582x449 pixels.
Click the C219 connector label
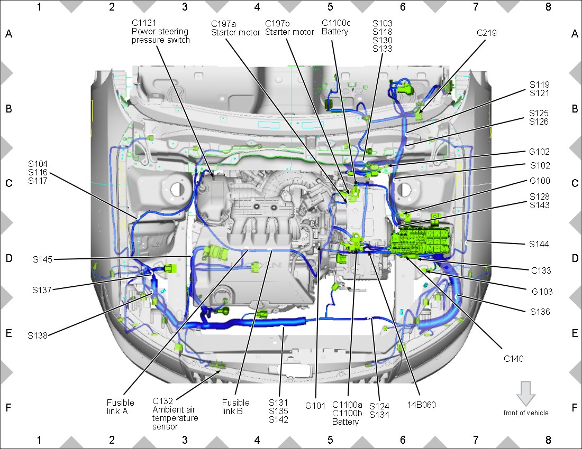(486, 33)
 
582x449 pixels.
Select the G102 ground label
(539, 152)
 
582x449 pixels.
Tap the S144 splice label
(539, 244)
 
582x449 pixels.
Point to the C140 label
(514, 359)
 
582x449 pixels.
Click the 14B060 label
(421, 405)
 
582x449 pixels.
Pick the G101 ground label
(315, 406)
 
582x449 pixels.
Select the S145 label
(43, 259)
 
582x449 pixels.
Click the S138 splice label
(38, 335)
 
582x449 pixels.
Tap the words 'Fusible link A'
(120, 407)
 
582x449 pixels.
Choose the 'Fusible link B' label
(235, 407)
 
